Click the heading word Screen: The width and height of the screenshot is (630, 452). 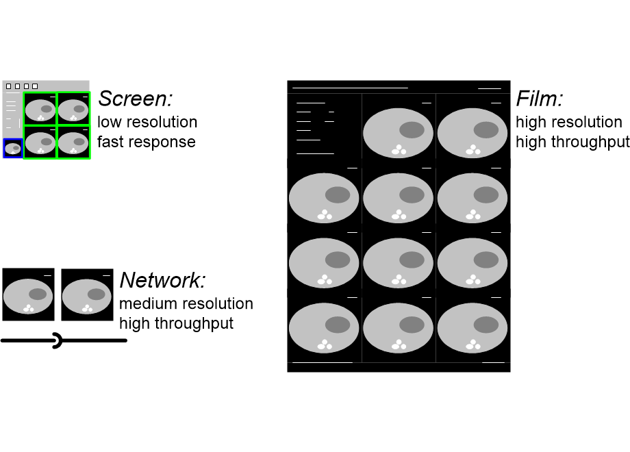pyautogui.click(x=136, y=99)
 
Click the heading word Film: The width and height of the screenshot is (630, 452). pyautogui.click(x=540, y=99)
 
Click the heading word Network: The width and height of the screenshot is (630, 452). pyautogui.click(x=163, y=280)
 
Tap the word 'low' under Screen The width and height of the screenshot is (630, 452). pyautogui.click(x=108, y=122)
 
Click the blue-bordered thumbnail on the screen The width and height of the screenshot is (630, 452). pyautogui.click(x=13, y=148)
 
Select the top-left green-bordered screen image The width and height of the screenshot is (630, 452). pyautogui.click(x=40, y=109)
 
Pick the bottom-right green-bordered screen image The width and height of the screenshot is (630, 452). pyautogui.click(x=73, y=142)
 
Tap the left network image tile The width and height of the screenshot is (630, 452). pyautogui.click(x=29, y=294)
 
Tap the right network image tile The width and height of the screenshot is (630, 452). pyautogui.click(x=87, y=294)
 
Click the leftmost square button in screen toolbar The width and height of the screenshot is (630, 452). pyautogui.click(x=8, y=86)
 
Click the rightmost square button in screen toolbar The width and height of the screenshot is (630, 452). pyautogui.click(x=35, y=86)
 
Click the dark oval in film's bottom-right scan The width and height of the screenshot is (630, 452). pyautogui.click(x=486, y=325)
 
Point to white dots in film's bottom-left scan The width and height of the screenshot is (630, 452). pyautogui.click(x=325, y=345)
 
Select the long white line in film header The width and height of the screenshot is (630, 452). pyautogui.click(x=350, y=88)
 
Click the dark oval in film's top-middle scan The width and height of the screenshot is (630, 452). pyautogui.click(x=412, y=130)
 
